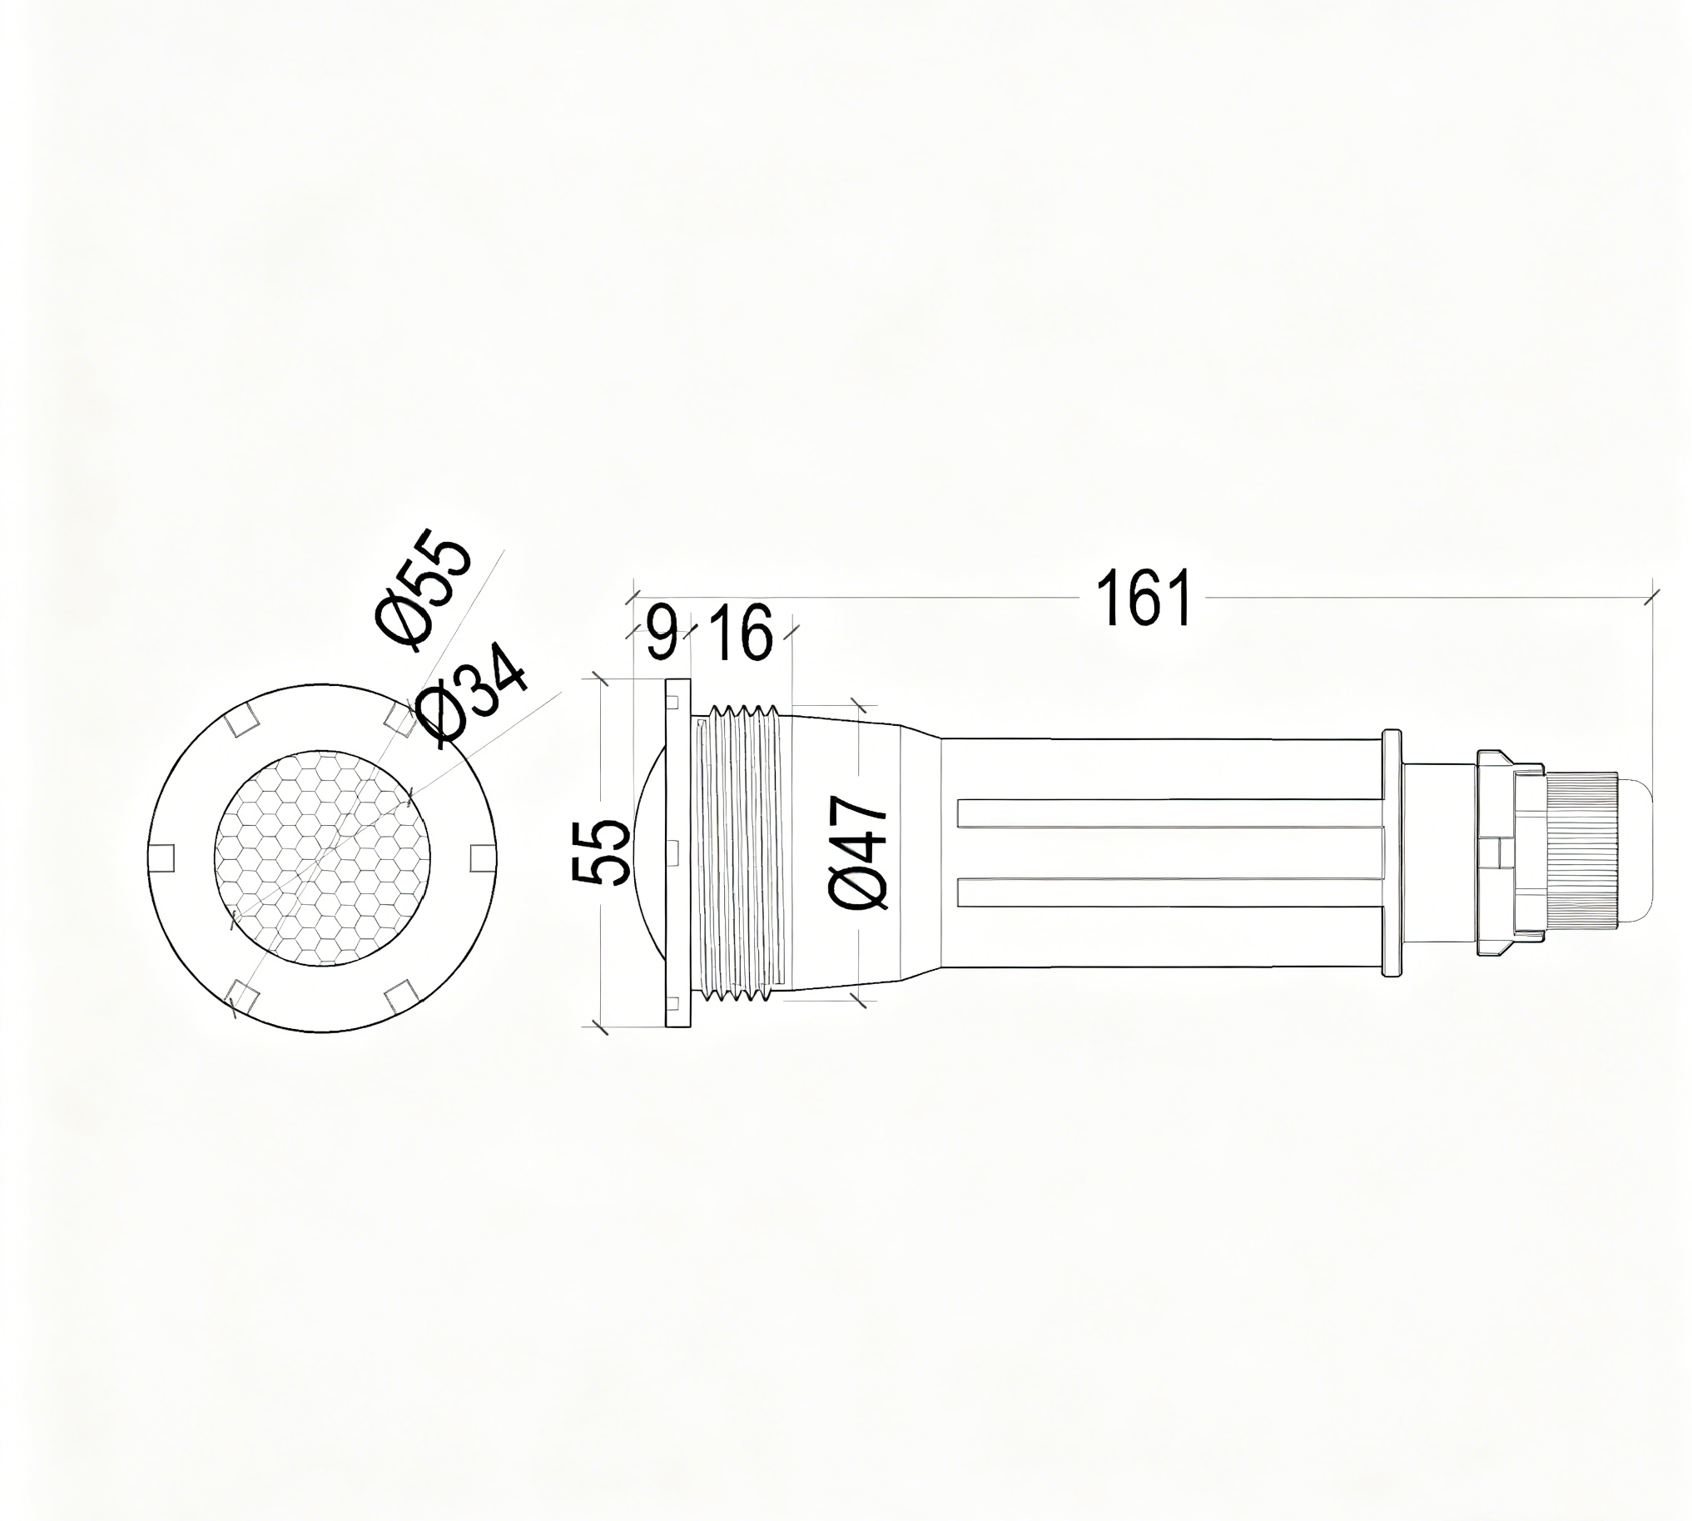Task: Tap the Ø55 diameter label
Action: coord(423,590)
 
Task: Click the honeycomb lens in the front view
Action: coord(324,857)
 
